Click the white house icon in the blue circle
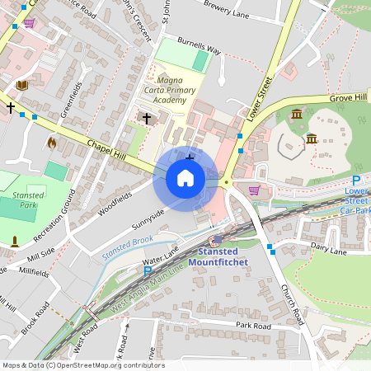pyautogui.click(x=185, y=178)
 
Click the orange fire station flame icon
pyautogui.click(x=52, y=143)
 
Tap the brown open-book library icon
pyautogui.click(x=21, y=85)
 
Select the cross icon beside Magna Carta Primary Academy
pyautogui.click(x=147, y=118)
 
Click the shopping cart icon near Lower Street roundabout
pyautogui.click(x=254, y=190)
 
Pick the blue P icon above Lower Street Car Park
pyautogui.click(x=356, y=181)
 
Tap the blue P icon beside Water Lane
pyautogui.click(x=148, y=270)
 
